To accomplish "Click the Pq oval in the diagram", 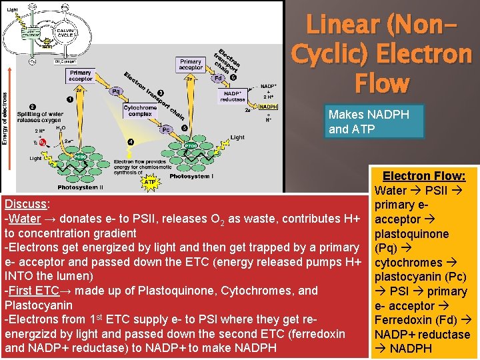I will pos(116,90).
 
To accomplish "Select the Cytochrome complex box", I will pos(140,111).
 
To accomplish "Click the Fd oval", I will pos(217,78).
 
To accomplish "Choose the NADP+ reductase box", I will pos(233,97).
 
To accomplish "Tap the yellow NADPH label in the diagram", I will pos(268,107).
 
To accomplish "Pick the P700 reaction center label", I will pos(191,145).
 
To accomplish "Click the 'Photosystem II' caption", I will pos(80,187).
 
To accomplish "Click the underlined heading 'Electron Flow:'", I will pos(424,176).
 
